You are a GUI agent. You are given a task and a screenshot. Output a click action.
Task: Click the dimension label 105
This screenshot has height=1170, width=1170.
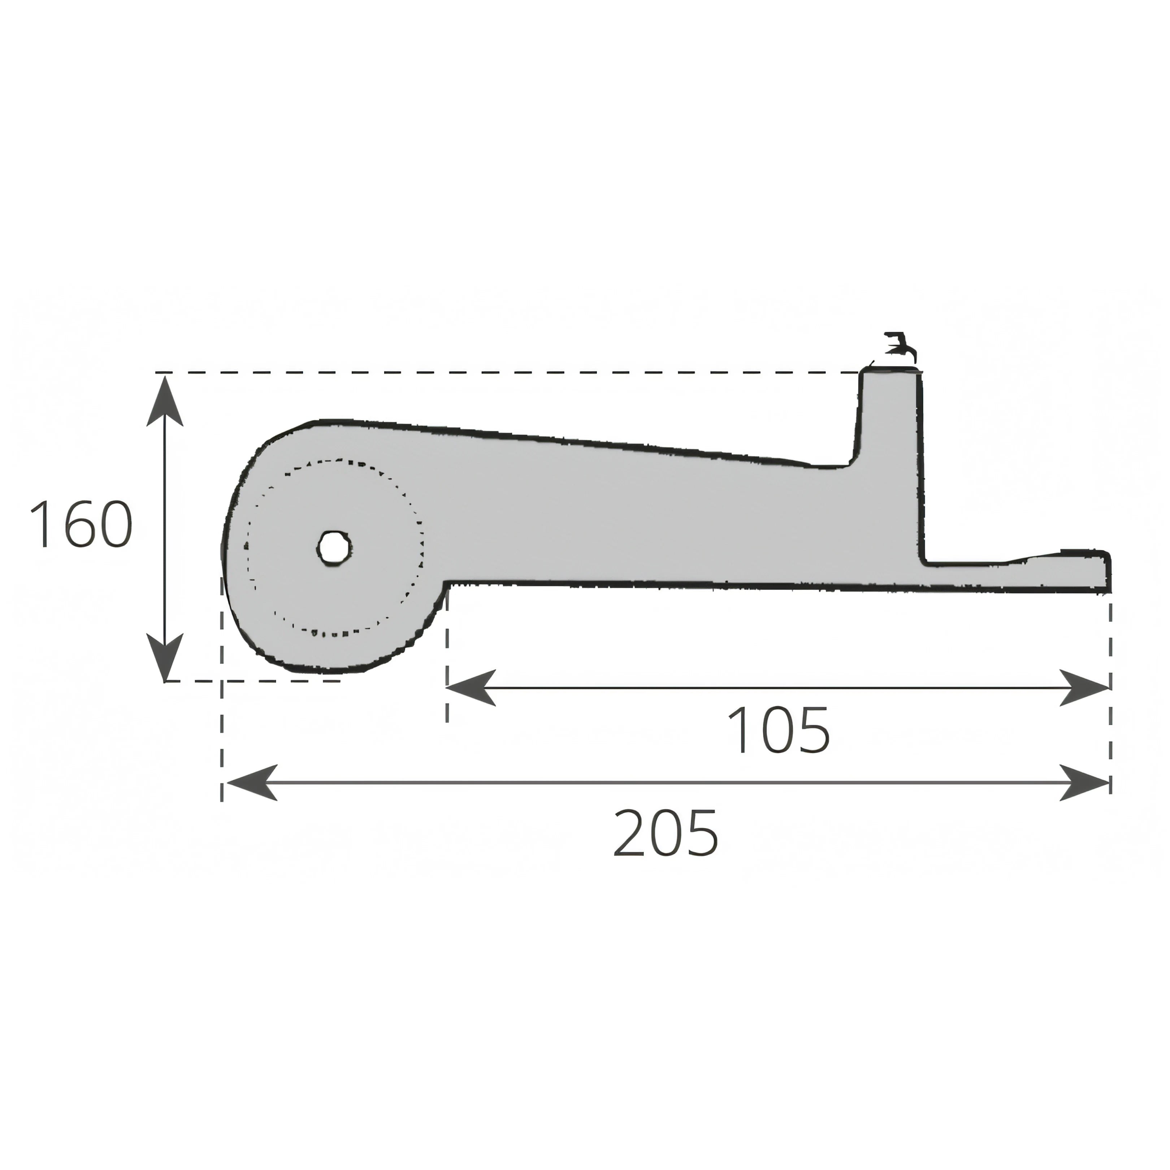pyautogui.click(x=779, y=730)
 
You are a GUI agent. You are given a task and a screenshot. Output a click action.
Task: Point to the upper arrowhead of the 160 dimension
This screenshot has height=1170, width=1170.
pyautogui.click(x=165, y=400)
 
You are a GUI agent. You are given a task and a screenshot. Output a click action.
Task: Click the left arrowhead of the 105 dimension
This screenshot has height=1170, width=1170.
pyautogui.click(x=471, y=687)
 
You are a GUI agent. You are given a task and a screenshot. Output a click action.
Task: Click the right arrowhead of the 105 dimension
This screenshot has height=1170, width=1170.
pyautogui.click(x=1085, y=687)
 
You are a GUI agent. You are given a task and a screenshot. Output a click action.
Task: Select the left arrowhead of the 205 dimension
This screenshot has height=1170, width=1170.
pyautogui.click(x=251, y=783)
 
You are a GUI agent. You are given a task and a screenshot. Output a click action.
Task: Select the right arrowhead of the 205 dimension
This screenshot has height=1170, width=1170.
pyautogui.click(x=1085, y=783)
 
